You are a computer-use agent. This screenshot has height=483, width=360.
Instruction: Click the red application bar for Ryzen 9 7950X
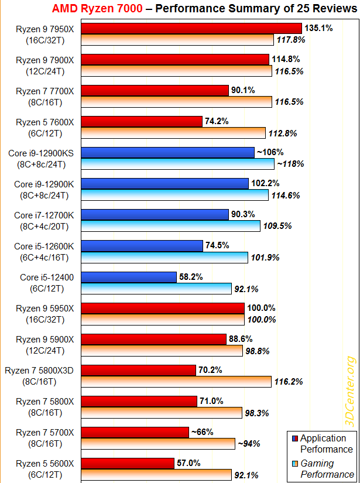pyautogui.click(x=191, y=29)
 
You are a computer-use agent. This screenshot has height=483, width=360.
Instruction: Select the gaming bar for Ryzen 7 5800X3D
pyautogui.click(x=177, y=381)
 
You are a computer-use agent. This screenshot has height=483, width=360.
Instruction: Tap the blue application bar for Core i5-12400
pyautogui.click(x=129, y=276)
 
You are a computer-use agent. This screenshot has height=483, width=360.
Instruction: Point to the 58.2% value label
pyautogui.click(x=191, y=276)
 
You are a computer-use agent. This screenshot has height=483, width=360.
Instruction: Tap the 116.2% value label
pyautogui.click(x=288, y=381)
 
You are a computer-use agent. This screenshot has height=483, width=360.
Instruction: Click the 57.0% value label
pyautogui.click(x=188, y=463)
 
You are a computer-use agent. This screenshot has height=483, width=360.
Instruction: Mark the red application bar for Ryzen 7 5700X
pyautogui.click(x=135, y=432)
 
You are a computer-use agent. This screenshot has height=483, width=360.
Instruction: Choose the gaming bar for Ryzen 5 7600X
pyautogui.click(x=173, y=133)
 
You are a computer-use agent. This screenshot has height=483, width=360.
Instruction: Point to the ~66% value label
pyautogui.click(x=201, y=432)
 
